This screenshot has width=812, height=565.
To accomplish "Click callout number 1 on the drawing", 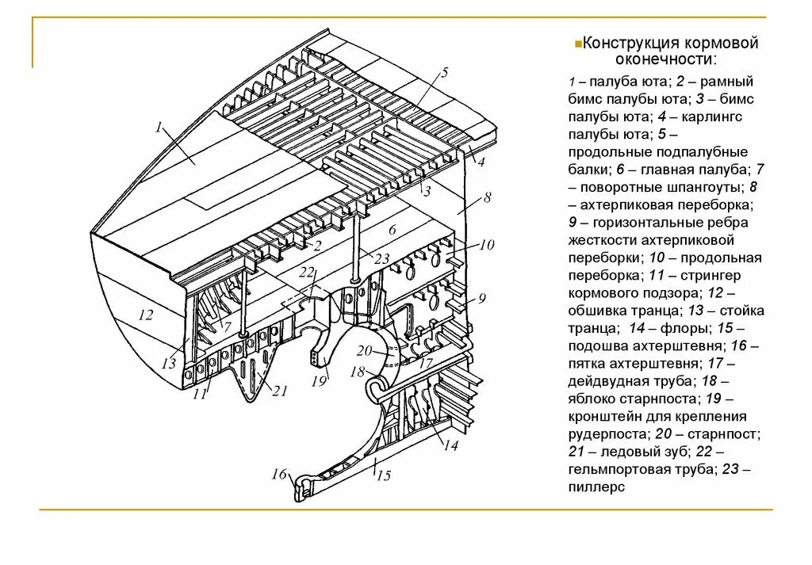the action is tap(159, 127).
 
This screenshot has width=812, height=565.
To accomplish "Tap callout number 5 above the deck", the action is tap(444, 73).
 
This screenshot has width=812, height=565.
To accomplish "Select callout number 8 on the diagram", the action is tap(487, 197).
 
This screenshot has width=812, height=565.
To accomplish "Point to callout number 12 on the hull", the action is tap(145, 315).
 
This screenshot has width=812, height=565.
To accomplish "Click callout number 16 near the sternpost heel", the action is tap(278, 474).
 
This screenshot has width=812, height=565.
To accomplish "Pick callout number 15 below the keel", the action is tap(384, 475).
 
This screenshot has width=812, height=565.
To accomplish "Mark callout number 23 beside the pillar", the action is tap(382, 258).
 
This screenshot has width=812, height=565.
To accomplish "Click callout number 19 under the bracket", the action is tap(319, 381).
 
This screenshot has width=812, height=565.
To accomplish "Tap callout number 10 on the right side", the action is tap(486, 245).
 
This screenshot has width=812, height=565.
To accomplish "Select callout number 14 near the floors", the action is tap(450, 445).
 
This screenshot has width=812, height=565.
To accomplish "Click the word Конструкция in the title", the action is tap(631, 43).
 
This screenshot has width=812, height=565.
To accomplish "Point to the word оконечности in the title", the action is tap(665, 59).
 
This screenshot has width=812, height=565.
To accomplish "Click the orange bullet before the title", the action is tap(578, 41).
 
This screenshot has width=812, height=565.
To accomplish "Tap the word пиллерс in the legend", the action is tap(596, 487).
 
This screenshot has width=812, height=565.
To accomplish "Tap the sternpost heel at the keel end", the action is tap(301, 488).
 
